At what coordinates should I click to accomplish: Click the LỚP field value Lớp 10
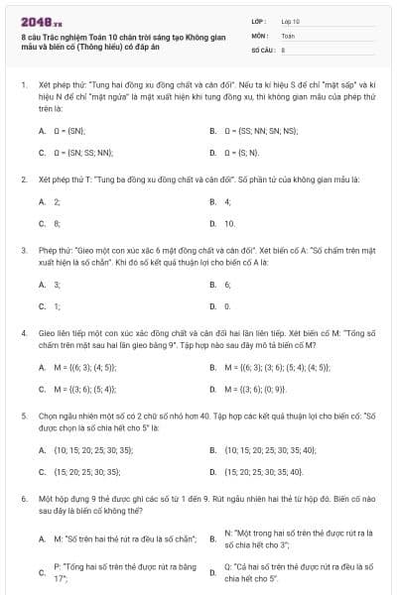(290, 20)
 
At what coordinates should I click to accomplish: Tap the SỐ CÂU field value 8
(284, 48)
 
